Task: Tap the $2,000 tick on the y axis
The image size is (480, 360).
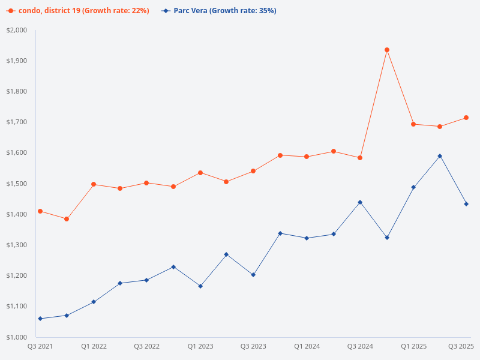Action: coord(17,30)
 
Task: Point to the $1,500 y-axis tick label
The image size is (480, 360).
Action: coord(17,184)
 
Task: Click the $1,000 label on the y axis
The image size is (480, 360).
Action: coord(17,337)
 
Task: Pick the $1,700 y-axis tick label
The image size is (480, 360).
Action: coord(17,122)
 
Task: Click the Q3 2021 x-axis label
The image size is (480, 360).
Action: coord(40,346)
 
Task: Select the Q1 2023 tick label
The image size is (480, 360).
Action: coord(200,346)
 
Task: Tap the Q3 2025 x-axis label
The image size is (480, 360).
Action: coord(461,346)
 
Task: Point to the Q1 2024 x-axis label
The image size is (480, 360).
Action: coord(307,346)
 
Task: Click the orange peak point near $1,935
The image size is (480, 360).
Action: coord(387,50)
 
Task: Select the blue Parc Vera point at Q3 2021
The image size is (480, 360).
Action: coord(40,319)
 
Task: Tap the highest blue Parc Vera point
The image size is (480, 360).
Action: coord(440,156)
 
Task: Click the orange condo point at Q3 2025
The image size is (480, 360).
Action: coord(466,118)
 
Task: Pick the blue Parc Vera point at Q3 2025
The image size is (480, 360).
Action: coord(466,204)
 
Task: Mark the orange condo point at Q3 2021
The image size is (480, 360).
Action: coord(40,211)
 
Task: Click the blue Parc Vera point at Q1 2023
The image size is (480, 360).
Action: coord(200,286)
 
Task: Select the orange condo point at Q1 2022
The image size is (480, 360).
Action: coord(94,184)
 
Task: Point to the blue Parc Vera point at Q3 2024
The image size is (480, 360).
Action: coord(360,202)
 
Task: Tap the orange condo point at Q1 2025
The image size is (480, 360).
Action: coord(413,124)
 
